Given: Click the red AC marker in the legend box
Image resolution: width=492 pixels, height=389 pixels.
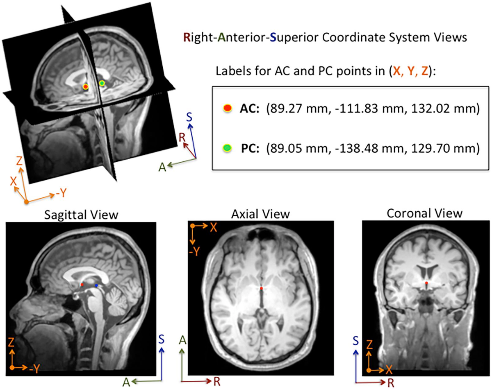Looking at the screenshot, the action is click(x=228, y=108).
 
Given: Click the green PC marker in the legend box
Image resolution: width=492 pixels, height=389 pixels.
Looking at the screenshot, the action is click(x=227, y=148).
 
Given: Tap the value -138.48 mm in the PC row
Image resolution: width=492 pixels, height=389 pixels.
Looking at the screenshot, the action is click(x=369, y=149).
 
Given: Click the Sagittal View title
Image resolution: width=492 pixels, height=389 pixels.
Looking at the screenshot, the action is click(x=81, y=215).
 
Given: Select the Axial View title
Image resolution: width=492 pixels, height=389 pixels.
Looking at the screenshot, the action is click(x=260, y=214).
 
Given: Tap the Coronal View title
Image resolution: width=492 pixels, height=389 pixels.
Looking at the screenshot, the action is click(x=425, y=214).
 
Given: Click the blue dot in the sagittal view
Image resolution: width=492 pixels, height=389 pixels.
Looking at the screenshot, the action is click(x=96, y=285).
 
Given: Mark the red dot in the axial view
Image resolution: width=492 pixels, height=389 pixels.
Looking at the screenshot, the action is click(x=262, y=288).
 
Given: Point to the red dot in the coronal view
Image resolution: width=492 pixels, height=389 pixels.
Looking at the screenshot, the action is click(x=426, y=283).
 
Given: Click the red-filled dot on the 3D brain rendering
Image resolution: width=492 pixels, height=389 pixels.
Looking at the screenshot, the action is click(x=86, y=86).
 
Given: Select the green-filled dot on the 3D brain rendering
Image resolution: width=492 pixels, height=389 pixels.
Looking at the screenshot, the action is click(x=102, y=84).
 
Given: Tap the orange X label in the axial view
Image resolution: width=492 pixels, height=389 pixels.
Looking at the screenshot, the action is click(x=213, y=228).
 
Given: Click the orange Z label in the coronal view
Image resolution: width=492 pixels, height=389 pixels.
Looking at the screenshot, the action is click(x=369, y=345).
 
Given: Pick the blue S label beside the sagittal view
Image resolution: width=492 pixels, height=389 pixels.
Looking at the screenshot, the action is click(x=162, y=339).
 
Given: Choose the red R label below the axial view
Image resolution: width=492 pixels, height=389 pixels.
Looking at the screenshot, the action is click(x=217, y=381).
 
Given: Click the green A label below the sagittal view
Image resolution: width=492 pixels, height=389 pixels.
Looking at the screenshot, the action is click(x=126, y=382).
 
